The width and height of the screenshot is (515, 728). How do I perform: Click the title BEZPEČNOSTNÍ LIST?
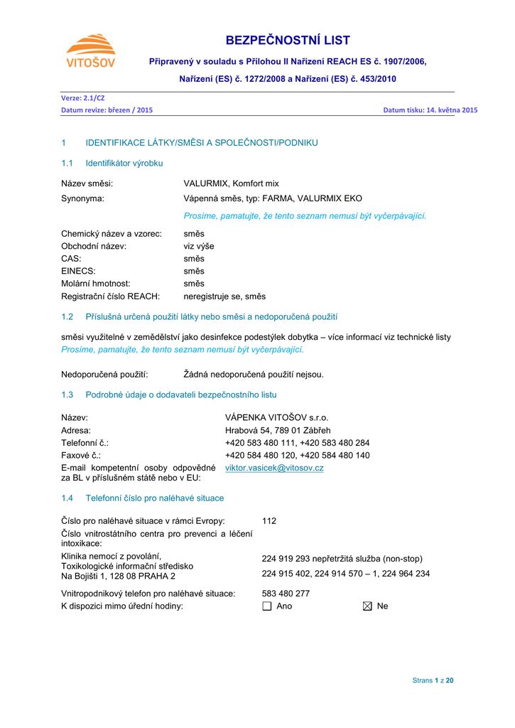pos(288,41)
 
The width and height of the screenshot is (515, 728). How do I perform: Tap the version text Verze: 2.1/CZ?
pos(82,98)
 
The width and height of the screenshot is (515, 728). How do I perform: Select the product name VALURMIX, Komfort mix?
pos(231,183)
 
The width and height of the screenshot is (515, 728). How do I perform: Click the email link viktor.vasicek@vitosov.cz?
pos(274,468)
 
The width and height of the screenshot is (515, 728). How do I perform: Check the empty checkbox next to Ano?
pos(267,606)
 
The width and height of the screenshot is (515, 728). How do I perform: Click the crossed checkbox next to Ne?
pos(367,606)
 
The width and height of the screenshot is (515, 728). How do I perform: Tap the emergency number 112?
pos(269,520)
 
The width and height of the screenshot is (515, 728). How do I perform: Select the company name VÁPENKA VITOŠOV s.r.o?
pos(276,417)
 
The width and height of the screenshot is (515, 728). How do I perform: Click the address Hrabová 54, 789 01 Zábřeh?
pos(278,430)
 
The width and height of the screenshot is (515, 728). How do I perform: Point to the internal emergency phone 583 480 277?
pos(286,593)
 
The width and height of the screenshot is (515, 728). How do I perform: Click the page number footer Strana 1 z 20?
pos(433,680)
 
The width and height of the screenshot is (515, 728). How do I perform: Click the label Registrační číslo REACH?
pos(110,296)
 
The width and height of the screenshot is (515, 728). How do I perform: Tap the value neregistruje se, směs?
pos(224,296)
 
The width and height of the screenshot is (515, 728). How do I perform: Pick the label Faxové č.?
pos(81,455)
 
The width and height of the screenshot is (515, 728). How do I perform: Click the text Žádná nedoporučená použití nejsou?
pos(254,374)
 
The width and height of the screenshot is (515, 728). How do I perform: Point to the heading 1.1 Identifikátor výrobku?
pos(112,164)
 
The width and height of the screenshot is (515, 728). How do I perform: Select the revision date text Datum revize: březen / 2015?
pos(107,110)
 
